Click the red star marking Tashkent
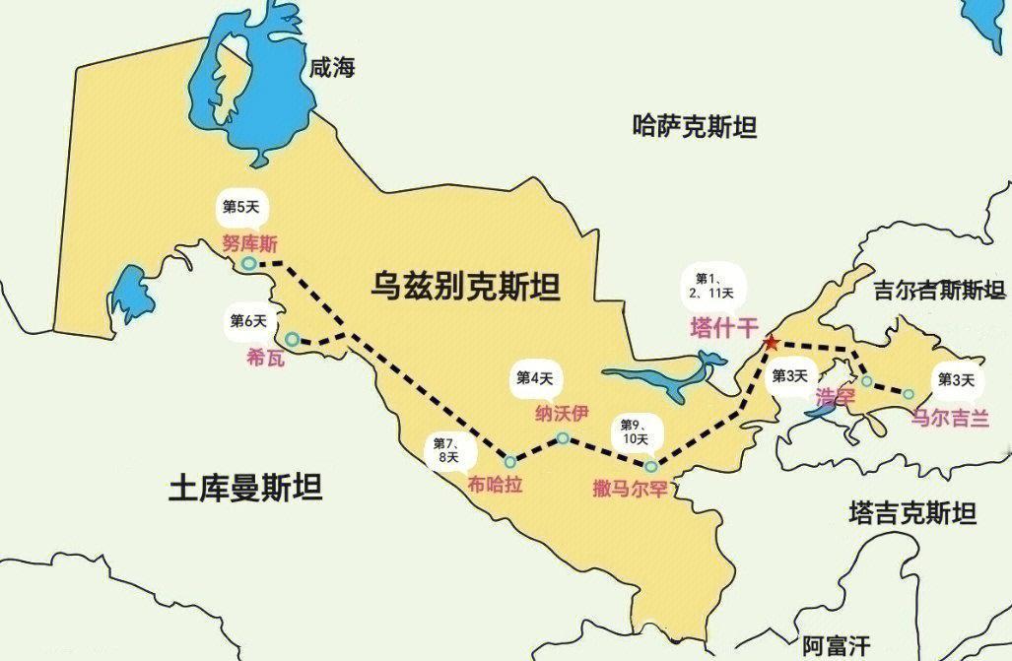[x=771, y=343]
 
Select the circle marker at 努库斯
[x=249, y=263]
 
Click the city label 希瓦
[x=265, y=359]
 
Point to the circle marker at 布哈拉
[x=509, y=461]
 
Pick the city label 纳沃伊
[x=562, y=412]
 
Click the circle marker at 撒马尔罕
[x=650, y=466]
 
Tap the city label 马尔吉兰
[x=948, y=418]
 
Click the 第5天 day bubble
[x=241, y=208]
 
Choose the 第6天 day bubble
[x=248, y=321]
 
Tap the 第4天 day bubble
[x=535, y=377]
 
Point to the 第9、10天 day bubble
[x=635, y=431]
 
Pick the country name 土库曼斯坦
[x=245, y=487]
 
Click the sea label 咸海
[x=331, y=67]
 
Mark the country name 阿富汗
[x=835, y=645]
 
